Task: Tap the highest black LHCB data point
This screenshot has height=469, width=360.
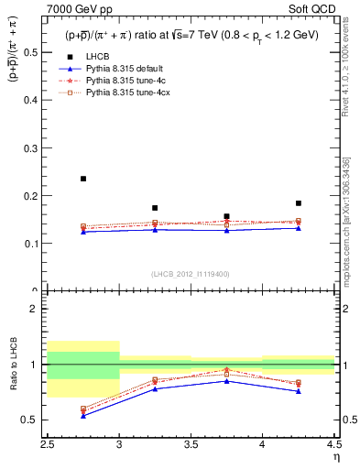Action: [83, 179]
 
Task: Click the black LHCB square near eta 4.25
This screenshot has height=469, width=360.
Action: [298, 203]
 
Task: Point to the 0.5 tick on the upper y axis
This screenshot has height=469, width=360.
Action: [35, 52]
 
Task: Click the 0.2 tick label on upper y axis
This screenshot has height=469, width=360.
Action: [35, 196]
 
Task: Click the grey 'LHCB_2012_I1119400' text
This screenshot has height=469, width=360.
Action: [191, 273]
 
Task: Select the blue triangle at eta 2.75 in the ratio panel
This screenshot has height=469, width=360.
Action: [83, 416]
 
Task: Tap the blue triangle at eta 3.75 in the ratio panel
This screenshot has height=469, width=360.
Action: [226, 380]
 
